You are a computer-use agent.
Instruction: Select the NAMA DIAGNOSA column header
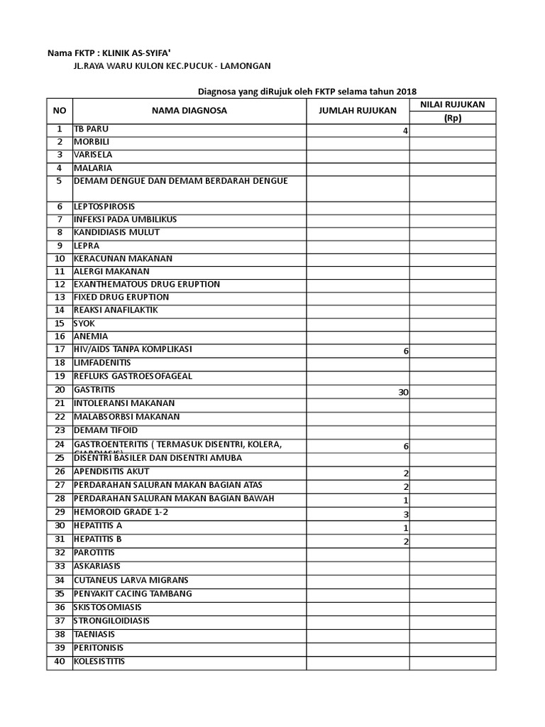(x=189, y=111)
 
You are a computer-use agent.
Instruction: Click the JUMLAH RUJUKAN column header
(x=357, y=111)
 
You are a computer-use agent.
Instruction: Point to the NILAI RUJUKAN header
(x=452, y=104)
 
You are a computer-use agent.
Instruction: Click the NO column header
(x=59, y=111)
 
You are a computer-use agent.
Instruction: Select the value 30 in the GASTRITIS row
(x=402, y=392)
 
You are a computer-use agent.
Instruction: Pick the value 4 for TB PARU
(x=405, y=131)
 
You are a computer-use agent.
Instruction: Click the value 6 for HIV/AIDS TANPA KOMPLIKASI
(x=405, y=351)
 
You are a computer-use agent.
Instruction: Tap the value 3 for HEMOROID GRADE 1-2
(x=405, y=514)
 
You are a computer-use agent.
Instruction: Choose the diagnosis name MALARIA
(x=93, y=168)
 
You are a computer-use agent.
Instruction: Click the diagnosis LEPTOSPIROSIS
(x=104, y=206)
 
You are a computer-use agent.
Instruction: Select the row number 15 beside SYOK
(x=60, y=323)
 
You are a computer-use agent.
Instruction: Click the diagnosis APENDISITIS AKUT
(x=111, y=471)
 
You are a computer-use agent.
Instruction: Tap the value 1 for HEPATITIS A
(x=405, y=528)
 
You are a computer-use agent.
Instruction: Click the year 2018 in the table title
(x=405, y=92)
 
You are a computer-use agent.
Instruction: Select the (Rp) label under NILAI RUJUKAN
(x=452, y=118)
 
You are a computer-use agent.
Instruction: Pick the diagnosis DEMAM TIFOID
(x=106, y=430)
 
